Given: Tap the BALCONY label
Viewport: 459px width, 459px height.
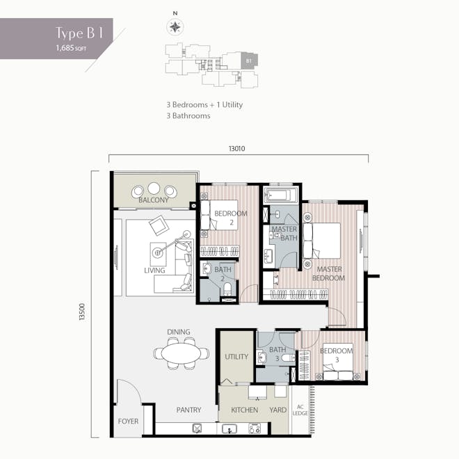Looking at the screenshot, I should (154, 200).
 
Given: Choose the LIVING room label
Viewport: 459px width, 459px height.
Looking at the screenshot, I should (154, 270).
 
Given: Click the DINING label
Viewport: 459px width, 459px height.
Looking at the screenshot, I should (178, 332).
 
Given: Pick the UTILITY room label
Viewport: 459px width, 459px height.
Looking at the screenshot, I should (236, 357).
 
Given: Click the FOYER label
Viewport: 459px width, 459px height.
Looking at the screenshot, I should (128, 421).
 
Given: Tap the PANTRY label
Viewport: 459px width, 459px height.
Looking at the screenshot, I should (188, 410).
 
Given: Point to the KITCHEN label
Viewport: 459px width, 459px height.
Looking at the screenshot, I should (244, 410).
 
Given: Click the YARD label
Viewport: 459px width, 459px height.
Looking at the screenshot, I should (278, 410).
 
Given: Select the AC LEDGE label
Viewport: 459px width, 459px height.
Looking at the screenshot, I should (300, 410).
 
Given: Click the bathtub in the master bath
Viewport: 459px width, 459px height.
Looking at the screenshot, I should (282, 194).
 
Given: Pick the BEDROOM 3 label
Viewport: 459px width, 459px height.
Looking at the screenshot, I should (336, 355).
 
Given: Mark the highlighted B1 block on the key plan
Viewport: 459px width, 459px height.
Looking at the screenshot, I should (248, 61).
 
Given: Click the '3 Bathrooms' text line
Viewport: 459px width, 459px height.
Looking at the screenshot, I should (188, 116).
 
